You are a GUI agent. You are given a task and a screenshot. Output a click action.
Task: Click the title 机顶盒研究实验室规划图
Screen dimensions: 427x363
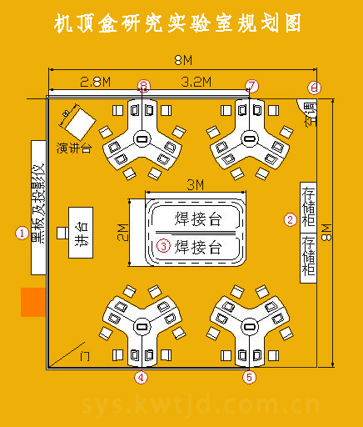(177, 24)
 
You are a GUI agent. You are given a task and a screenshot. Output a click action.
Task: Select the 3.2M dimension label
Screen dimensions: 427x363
(196, 82)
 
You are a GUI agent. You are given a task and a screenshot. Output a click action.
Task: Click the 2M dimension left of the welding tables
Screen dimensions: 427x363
(123, 233)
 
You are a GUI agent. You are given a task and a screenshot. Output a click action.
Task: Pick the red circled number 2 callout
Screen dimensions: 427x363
(291, 220)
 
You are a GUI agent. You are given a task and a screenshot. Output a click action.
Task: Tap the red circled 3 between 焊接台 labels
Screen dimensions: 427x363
(163, 246)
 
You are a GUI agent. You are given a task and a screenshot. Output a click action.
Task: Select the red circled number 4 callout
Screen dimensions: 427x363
(142, 377)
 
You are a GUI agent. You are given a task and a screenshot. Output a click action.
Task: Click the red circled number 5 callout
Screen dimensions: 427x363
(250, 377)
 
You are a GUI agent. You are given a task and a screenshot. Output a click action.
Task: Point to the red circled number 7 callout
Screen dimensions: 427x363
(252, 86)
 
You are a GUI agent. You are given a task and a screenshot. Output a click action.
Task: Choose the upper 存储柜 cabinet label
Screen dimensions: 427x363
(308, 206)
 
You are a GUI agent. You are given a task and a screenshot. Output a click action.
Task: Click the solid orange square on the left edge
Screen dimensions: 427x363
(32, 302)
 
